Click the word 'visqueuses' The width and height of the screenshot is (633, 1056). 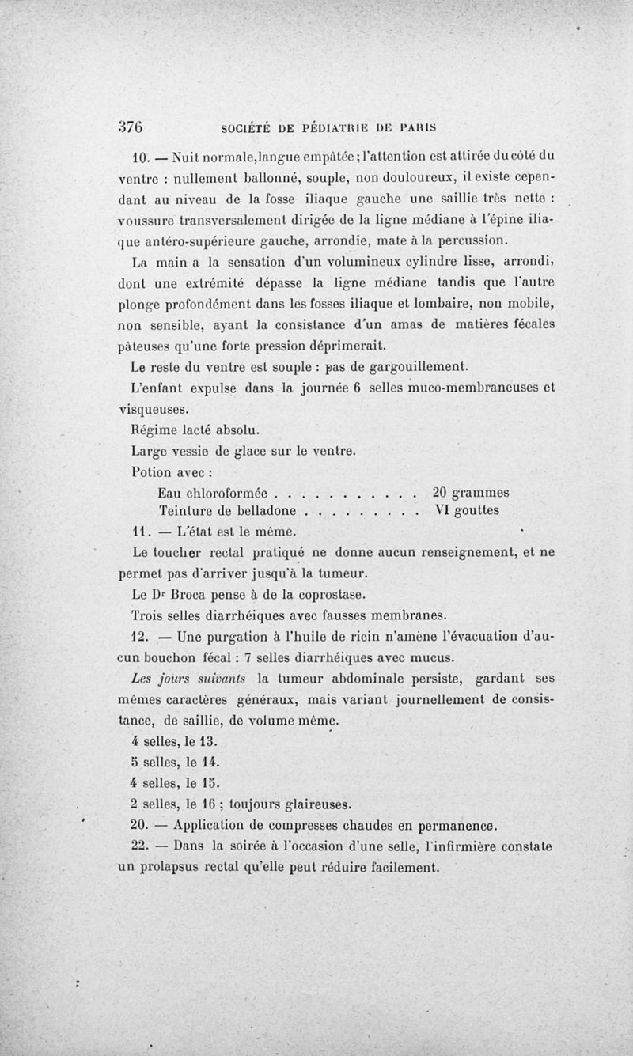coord(154,410)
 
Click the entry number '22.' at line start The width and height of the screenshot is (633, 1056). coord(138,846)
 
